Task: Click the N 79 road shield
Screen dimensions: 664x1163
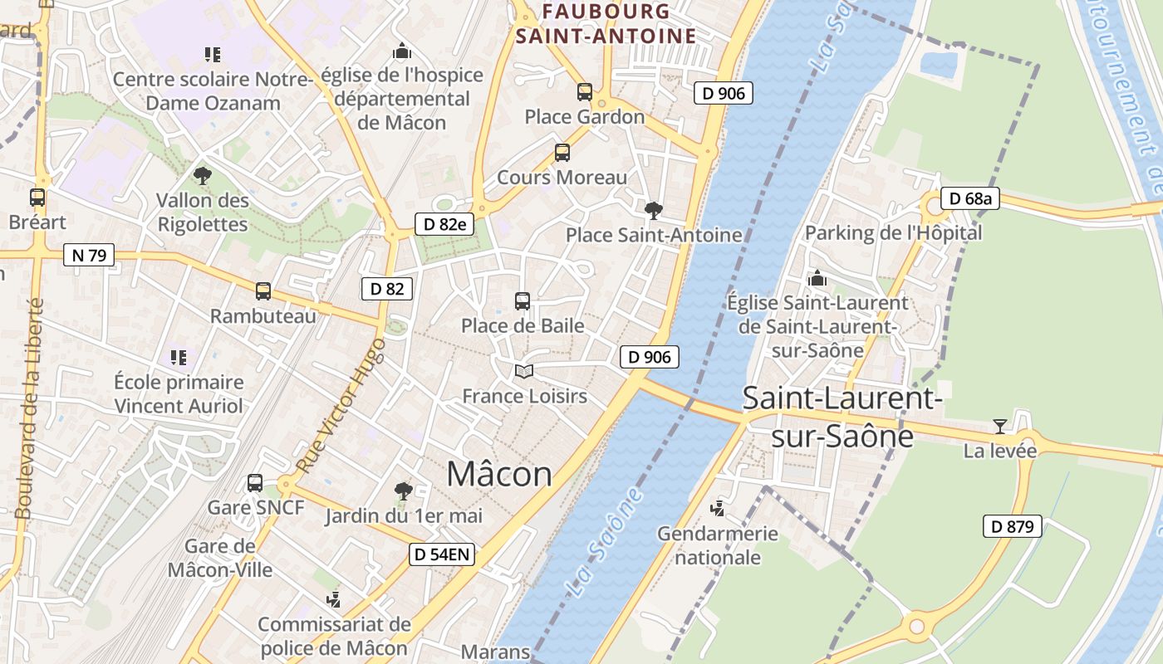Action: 89,255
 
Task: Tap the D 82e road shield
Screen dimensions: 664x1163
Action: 444,224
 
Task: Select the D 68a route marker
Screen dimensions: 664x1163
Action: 970,199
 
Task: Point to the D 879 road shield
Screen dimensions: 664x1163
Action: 1013,526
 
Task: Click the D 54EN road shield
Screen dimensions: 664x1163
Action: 442,554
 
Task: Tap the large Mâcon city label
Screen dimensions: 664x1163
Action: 499,474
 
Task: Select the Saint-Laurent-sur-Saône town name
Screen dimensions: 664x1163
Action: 842,417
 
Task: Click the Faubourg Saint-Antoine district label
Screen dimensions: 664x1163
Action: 606,23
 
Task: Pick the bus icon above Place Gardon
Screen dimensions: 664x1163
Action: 585,92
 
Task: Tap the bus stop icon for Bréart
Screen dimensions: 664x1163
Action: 37,198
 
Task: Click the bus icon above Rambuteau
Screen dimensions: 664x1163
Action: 263,291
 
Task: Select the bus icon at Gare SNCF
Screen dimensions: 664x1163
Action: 255,483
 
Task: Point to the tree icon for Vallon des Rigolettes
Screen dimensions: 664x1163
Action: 202,175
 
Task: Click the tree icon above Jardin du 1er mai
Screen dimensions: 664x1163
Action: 403,491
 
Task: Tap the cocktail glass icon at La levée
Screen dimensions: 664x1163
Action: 999,427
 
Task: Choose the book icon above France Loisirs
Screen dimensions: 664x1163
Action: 523,371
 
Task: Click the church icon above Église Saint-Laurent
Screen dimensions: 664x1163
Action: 817,278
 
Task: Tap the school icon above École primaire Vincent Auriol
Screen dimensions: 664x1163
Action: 179,358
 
